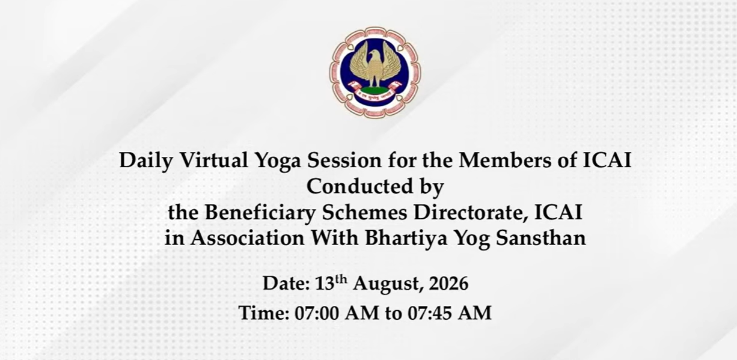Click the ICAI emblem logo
coord(375,73)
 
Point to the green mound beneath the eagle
coord(375,90)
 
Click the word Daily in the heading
coord(146,161)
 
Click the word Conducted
coord(360,186)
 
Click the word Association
coord(248,238)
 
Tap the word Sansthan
coord(541,238)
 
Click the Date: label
coord(286,283)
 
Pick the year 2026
coord(448,283)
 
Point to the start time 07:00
coord(317,313)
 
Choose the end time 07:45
coord(430,313)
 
